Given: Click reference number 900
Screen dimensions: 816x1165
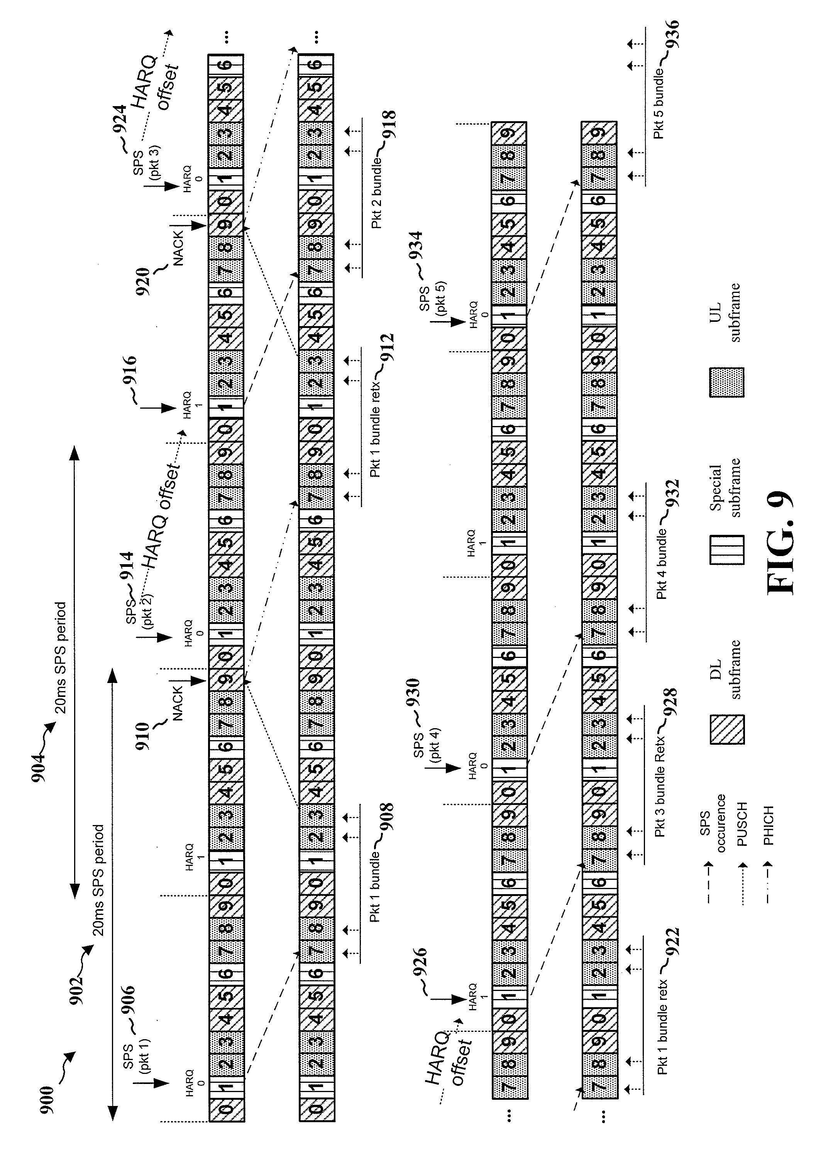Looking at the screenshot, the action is click(x=47, y=1099).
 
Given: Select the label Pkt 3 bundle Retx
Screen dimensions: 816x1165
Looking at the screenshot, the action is click(x=659, y=784).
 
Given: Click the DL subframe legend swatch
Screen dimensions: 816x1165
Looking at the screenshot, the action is click(x=727, y=729).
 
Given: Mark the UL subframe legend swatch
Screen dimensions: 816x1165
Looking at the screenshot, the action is click(x=727, y=382).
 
